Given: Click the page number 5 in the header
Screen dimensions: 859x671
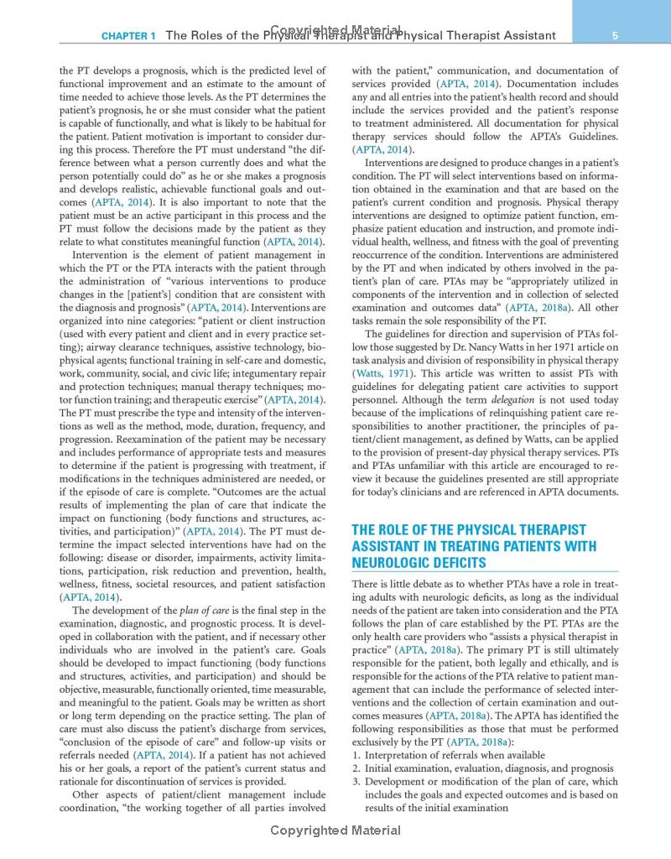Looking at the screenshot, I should click(616, 35).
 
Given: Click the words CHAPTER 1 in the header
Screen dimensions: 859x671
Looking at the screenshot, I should click(128, 36).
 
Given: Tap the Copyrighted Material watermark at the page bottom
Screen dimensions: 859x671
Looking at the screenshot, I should click(335, 830).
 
